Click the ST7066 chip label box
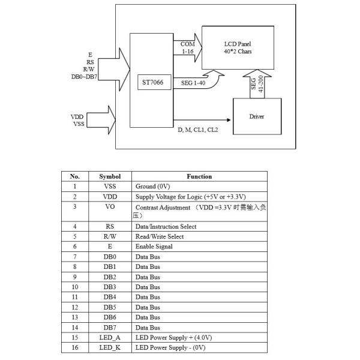pos(154,82)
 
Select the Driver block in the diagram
pos(257,116)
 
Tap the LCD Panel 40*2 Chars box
pos(238,47)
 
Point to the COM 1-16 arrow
pos(188,48)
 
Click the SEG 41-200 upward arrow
pos(257,84)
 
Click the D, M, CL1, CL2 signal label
pos(198,130)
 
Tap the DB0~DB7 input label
pos(84,77)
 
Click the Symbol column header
pos(110,176)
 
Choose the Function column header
pos(199,176)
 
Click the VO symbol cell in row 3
pos(110,211)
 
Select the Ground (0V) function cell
pos(199,187)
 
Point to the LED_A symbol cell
pos(110,337)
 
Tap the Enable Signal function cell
pos(199,247)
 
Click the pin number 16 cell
pos(75,347)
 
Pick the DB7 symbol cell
pos(110,328)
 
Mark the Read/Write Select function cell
pos(199,236)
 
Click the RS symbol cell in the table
pos(110,226)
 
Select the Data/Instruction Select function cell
pos(199,226)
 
